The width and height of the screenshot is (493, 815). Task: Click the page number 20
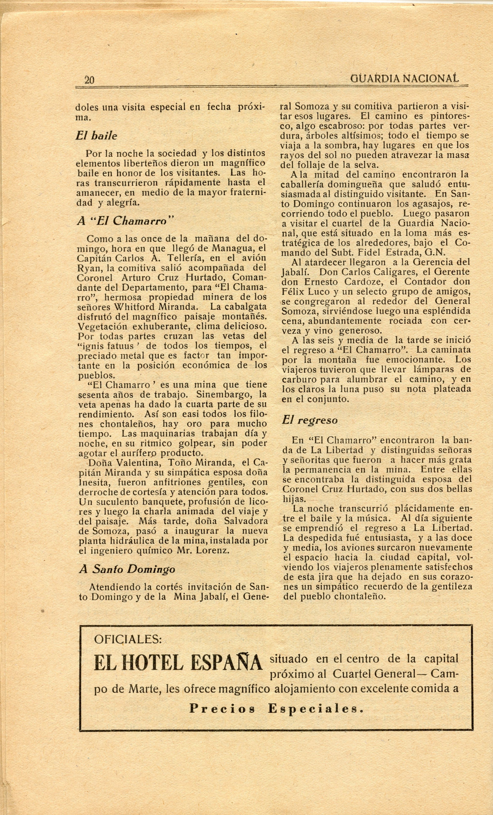click(x=89, y=80)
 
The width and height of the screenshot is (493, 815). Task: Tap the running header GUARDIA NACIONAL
click(x=404, y=78)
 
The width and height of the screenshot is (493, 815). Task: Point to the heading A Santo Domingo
click(x=127, y=569)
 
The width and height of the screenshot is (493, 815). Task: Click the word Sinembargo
click(x=225, y=394)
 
